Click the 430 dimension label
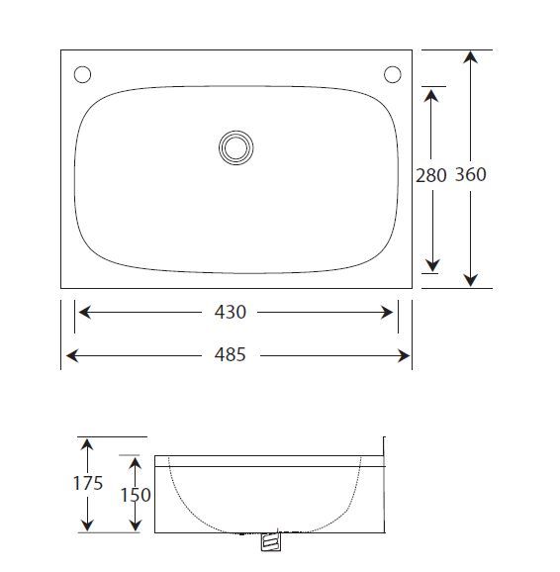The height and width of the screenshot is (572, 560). point(230,312)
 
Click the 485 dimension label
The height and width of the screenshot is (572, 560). point(230,354)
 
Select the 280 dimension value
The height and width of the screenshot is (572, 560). point(431,175)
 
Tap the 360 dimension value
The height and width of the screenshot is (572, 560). point(471,175)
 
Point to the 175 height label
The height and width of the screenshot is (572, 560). point(89,485)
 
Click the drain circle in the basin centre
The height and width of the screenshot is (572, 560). point(235,147)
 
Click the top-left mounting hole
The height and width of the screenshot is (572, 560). point(82,74)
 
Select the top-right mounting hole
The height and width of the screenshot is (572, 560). point(392,74)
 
